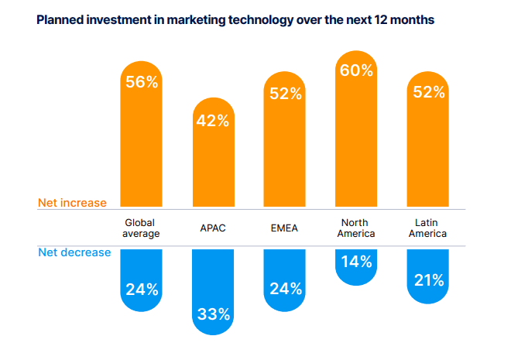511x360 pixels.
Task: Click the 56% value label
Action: coord(142,82)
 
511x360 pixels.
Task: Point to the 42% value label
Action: coord(212,120)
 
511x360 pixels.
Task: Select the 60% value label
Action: coord(355,70)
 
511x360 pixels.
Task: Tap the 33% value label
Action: coord(212,314)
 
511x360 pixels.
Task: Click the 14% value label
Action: coord(355,262)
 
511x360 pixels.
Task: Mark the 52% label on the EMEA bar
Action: coord(284,93)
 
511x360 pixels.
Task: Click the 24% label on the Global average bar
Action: coord(142,290)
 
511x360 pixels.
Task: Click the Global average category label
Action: coord(142,228)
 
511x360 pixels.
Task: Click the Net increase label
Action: coord(72,203)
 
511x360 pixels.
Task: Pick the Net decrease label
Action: coord(74,252)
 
